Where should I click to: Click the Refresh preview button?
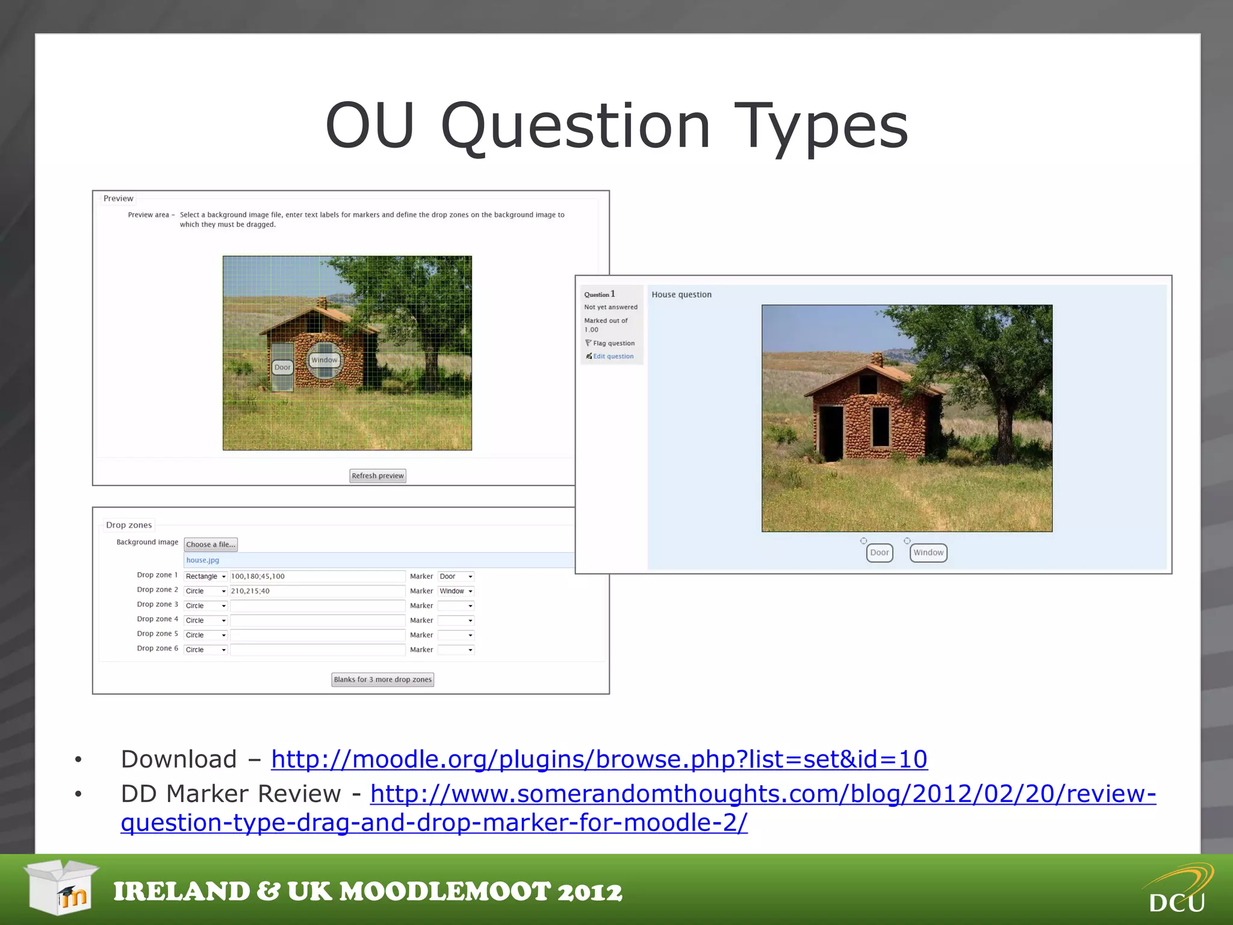[x=377, y=476]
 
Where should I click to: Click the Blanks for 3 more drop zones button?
[x=382, y=679]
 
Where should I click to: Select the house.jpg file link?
[x=202, y=560]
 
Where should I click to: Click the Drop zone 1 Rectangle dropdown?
[x=205, y=576]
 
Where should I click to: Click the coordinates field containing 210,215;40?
[x=317, y=591]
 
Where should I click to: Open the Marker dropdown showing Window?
[x=456, y=591]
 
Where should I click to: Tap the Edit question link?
[x=613, y=357]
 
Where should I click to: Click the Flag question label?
[x=613, y=343]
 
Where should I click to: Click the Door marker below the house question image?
[x=879, y=552]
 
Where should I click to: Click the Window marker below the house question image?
[x=928, y=552]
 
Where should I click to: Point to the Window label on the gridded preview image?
[x=325, y=360]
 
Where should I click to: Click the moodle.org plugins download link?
[x=598, y=759]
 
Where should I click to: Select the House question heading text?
[x=681, y=294]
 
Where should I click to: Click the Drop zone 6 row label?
[x=157, y=649]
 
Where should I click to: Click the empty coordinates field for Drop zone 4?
[x=317, y=620]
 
